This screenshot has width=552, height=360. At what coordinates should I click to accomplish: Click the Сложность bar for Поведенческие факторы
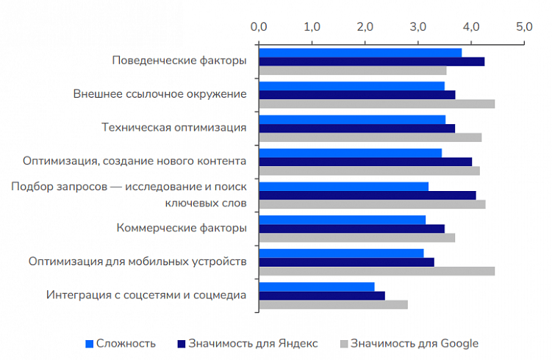tap(360, 52)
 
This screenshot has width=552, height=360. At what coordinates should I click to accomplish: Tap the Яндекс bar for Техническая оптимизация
tap(356, 128)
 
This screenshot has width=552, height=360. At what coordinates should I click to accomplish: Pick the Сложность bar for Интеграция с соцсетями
tap(316, 286)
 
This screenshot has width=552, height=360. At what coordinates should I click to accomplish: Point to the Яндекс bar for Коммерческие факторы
tap(351, 228)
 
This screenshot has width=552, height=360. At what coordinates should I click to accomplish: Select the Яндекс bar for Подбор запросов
tap(367, 195)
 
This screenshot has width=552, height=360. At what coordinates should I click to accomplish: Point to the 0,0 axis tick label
tap(259, 27)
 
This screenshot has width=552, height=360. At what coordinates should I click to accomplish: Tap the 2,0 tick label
tap(365, 27)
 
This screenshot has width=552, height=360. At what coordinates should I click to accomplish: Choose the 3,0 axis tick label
tap(417, 27)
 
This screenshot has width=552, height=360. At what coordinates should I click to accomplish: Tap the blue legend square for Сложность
tap(90, 343)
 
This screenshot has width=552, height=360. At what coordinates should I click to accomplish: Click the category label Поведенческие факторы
tap(179, 60)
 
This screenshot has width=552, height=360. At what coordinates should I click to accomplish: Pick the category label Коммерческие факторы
tap(182, 228)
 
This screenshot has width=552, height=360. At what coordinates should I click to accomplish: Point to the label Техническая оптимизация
tap(173, 127)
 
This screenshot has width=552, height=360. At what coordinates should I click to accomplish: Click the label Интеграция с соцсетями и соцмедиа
tap(146, 295)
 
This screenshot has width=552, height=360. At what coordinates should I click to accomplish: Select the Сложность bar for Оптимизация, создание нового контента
tap(350, 153)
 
